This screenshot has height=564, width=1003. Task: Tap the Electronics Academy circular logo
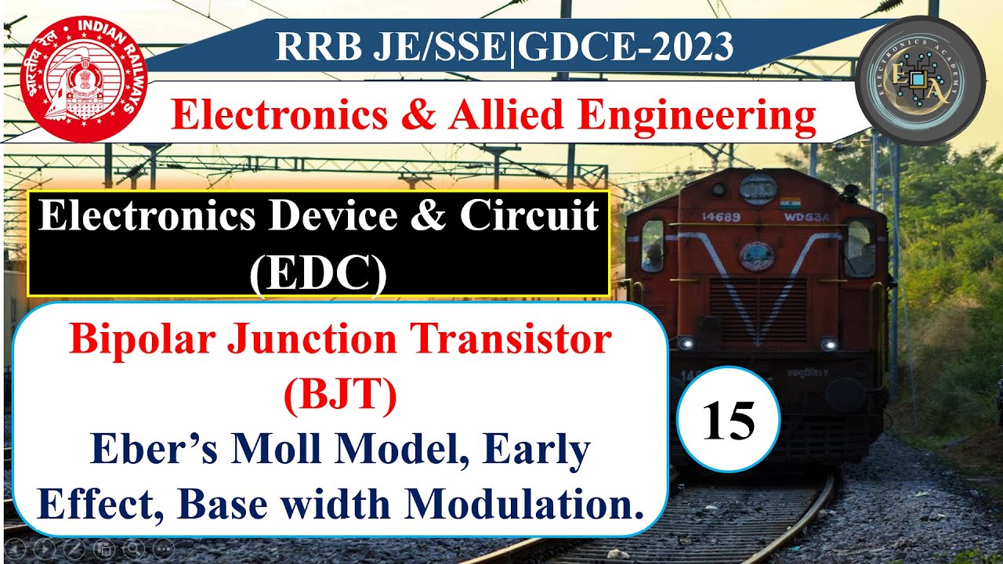tap(922, 81)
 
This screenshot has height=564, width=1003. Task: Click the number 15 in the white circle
tap(728, 422)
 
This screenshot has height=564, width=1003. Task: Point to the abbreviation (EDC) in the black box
tap(318, 274)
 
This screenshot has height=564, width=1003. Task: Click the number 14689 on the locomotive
tap(721, 217)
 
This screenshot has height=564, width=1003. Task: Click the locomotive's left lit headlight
tap(686, 343)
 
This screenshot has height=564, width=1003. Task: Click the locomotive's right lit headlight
tap(827, 344)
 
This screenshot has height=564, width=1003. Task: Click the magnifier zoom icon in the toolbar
tap(132, 548)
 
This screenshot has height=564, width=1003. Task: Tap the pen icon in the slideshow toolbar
tap(74, 548)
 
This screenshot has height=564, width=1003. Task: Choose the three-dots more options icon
tap(162, 548)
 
